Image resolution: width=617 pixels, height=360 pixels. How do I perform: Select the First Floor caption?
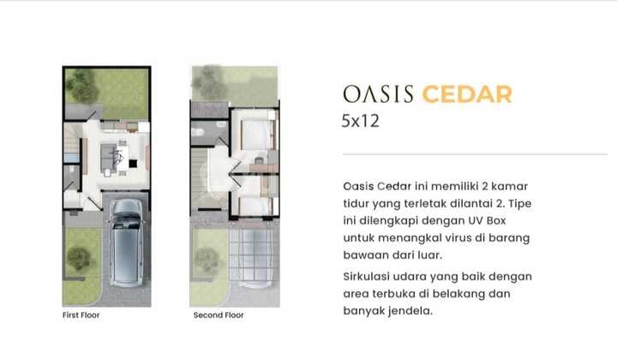81,315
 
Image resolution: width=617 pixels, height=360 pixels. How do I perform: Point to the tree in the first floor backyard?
83,84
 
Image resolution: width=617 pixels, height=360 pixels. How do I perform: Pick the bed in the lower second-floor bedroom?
254,204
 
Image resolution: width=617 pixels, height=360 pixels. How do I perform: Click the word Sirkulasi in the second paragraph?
368,276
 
